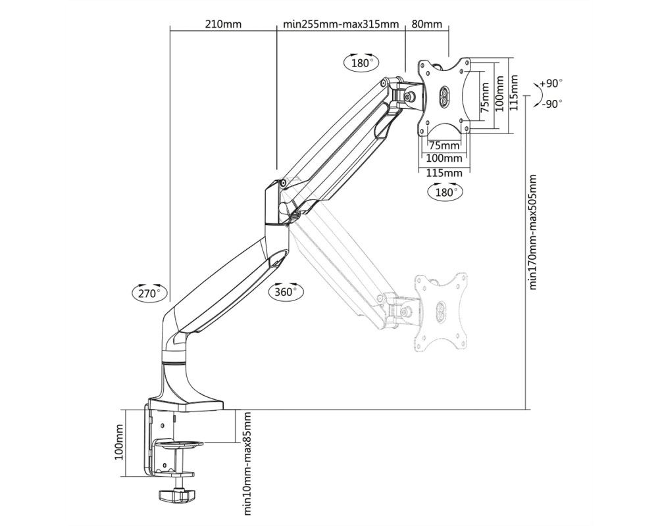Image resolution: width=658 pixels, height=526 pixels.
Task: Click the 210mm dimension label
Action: tap(223, 24)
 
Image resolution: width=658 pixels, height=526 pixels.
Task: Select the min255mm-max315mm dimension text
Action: tap(341, 24)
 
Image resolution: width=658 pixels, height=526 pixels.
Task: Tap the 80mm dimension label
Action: tap(427, 24)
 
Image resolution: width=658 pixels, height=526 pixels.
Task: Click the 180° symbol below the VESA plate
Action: tap(445, 192)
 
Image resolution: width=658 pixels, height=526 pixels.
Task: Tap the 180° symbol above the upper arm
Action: tap(362, 63)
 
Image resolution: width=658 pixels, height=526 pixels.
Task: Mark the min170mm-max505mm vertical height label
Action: tap(533, 232)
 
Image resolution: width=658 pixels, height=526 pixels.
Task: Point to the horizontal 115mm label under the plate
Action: tap(444, 173)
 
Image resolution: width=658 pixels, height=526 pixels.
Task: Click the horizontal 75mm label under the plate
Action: tap(444, 145)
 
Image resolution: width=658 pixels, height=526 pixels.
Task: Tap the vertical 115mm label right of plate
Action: tap(514, 93)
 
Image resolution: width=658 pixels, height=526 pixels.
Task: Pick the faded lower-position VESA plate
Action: tap(441, 312)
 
